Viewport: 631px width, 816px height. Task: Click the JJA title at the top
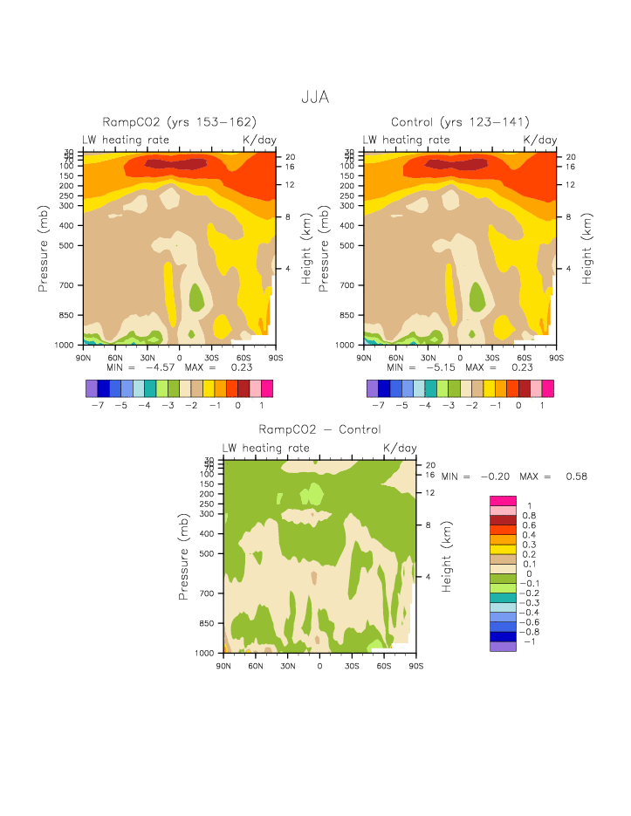pos(315,98)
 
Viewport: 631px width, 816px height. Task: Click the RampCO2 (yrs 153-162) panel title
pos(179,122)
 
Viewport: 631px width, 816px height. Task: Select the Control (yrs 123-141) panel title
pos(460,122)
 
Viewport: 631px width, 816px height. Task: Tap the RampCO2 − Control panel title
pos(319,429)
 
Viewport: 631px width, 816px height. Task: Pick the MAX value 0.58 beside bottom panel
pos(573,477)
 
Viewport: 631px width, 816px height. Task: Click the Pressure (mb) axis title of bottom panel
pos(184,557)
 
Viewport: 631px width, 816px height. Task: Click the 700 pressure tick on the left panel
pos(68,285)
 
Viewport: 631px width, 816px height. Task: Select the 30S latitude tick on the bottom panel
pos(352,667)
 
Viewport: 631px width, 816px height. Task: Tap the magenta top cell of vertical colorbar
pos(504,500)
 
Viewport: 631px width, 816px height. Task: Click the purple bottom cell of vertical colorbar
pos(504,647)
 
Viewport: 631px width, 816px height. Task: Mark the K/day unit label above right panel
pos(539,140)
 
